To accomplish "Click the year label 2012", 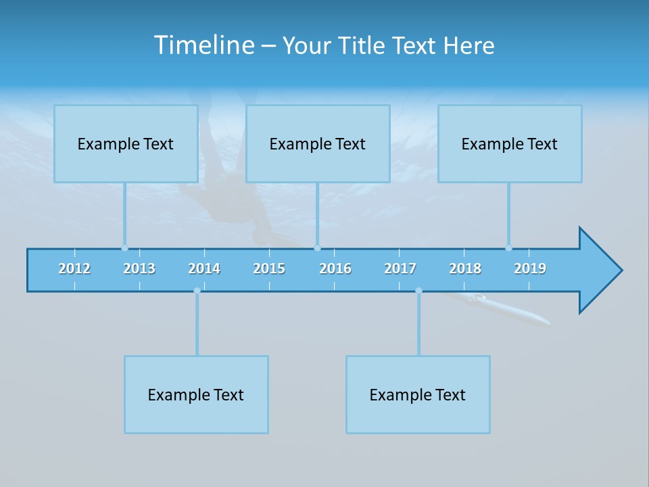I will pos(74,269).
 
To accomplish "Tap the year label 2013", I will pos(139,269).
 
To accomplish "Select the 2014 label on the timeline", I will pos(204,269).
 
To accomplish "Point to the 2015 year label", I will pos(269,269).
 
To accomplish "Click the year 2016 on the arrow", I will pos(335,269).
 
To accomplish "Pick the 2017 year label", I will pos(400,269).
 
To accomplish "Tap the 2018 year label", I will pos(465,269).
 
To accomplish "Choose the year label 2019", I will pos(530,269).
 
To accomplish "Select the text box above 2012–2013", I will pos(126,143).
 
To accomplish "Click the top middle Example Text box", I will pos(318,143).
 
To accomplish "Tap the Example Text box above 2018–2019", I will pos(510,143).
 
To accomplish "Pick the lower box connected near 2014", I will pos(196,394).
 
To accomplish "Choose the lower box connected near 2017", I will pos(418,394).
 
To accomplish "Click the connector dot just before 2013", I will pos(124,248).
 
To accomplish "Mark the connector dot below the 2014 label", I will pos(197,291).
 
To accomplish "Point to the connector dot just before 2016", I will pos(317,248).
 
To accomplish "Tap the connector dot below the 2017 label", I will pos(418,291).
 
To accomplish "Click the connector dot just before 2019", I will pos(508,248).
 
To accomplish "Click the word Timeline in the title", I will pos(203,45).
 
